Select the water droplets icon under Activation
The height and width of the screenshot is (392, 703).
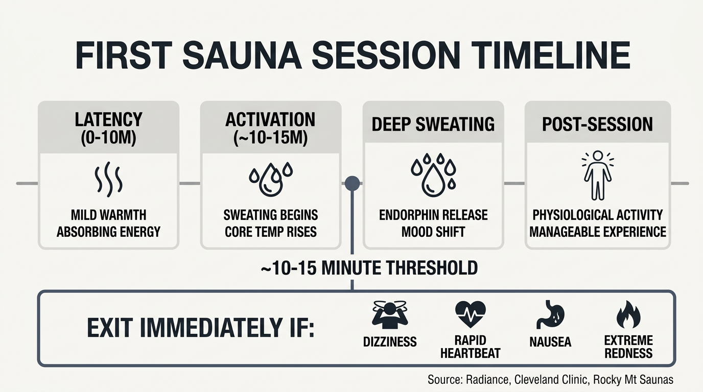(270, 179)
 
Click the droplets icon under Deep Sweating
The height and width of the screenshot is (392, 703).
(433, 175)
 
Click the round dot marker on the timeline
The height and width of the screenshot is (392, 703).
(352, 183)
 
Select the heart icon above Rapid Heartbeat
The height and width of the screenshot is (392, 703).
(470, 314)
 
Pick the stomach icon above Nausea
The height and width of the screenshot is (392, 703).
(550, 314)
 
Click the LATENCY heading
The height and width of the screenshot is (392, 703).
(108, 119)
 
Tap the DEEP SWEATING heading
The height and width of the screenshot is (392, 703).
(433, 124)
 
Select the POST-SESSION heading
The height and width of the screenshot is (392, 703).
(597, 124)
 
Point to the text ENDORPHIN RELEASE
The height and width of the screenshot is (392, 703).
(433, 215)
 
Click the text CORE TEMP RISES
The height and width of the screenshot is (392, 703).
(271, 232)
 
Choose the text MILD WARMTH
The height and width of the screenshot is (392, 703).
(108, 215)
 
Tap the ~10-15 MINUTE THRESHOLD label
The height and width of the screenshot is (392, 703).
(369, 268)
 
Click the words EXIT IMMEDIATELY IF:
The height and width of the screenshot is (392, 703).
(200, 328)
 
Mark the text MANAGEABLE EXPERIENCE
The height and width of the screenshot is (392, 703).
(598, 232)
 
